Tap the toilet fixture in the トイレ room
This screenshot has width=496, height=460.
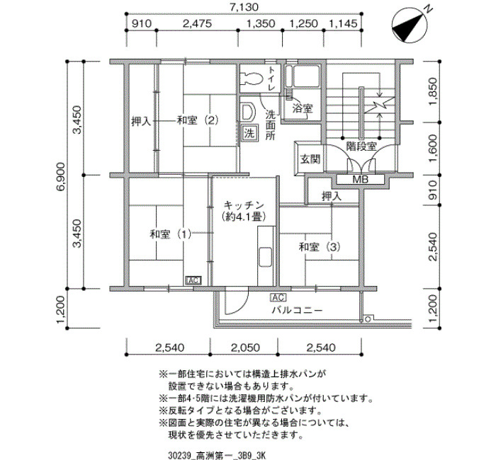pyautogui.click(x=252, y=79)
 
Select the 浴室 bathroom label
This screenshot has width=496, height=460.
pyautogui.click(x=303, y=109)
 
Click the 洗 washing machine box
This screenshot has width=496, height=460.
pyautogui.click(x=250, y=133)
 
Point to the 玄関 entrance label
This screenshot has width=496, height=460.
pyautogui.click(x=310, y=159)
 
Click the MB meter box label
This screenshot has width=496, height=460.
pyautogui.click(x=360, y=180)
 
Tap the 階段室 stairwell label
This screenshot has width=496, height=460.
pyautogui.click(x=361, y=146)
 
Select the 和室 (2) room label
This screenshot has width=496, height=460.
pyautogui.click(x=198, y=120)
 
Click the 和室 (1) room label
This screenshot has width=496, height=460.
pyautogui.click(x=171, y=234)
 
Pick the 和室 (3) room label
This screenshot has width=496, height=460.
pyautogui.click(x=320, y=247)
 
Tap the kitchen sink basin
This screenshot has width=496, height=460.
pyautogui.click(x=266, y=256)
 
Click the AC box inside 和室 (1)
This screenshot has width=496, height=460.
pyautogui.click(x=193, y=280)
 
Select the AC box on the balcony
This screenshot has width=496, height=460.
pyautogui.click(x=278, y=298)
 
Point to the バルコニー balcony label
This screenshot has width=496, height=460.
pyautogui.click(x=297, y=310)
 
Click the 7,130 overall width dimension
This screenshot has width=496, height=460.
pyautogui.click(x=244, y=7)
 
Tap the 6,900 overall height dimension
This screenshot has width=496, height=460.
pyautogui.click(x=60, y=176)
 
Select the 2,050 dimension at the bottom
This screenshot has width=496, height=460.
pyautogui.click(x=245, y=348)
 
